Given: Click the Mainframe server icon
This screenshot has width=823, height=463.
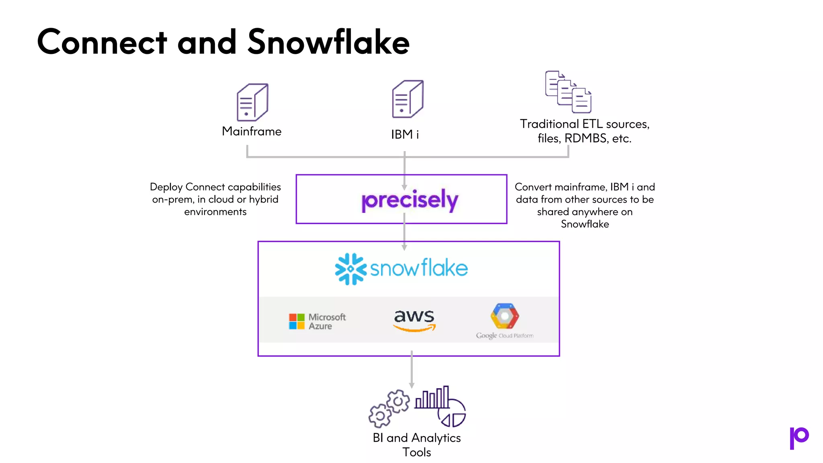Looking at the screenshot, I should pos(252,102).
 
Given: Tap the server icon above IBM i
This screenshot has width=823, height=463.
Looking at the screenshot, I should pos(407,99).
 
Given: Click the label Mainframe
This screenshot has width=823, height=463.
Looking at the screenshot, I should pos(252,131).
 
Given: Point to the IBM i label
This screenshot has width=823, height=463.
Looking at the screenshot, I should pos(405,134).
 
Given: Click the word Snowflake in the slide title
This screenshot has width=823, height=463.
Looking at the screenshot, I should pos(329,42).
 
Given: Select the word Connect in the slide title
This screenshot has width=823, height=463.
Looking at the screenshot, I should pos(102,42).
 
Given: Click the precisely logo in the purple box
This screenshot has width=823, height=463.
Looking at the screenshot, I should pos(409,200).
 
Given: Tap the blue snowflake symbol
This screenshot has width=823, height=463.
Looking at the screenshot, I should pos(351,269).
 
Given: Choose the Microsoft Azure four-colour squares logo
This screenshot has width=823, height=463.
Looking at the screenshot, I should pos(297,322).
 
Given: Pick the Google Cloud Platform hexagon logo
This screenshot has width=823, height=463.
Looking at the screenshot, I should pos(505,316).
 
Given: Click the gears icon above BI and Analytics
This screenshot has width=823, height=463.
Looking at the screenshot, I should pos(389,408).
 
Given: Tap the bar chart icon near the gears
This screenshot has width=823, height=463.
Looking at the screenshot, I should pos(432,397).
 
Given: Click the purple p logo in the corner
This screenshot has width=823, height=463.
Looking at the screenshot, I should pos(799,438).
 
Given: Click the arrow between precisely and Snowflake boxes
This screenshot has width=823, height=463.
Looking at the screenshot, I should pos(404,232).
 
